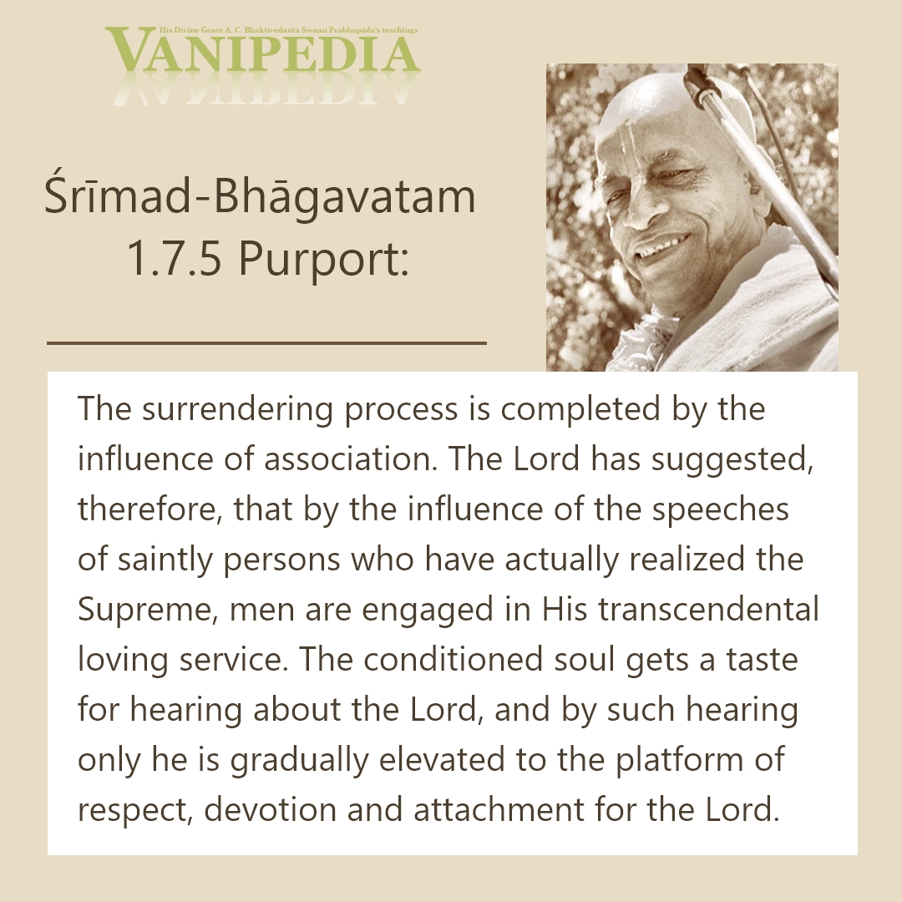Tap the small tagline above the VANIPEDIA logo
pos(288,30)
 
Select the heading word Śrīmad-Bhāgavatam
pos(260,197)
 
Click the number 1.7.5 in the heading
pos(173,259)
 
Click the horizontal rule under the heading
pos(267,343)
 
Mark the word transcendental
pos(709,610)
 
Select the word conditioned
pos(454,660)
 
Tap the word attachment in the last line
pos(499,810)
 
